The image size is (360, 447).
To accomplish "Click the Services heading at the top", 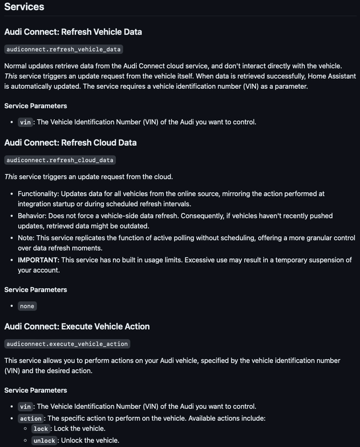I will tap(24, 7).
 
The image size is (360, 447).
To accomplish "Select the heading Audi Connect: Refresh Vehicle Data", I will tap(73, 32).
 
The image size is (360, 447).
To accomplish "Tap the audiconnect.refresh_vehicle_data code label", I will tap(63, 49).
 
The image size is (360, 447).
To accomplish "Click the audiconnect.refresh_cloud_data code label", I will tap(60, 160).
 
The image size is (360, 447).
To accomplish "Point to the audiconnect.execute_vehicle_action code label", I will tap(67, 344).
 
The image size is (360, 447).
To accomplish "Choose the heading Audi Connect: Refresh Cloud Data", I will tap(70, 142).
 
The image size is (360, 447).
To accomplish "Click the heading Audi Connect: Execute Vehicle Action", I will tap(77, 326).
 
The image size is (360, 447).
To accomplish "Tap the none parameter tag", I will tap(27, 306).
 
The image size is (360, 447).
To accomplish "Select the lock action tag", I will tap(41, 429).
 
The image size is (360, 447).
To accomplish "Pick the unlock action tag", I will tap(44, 441).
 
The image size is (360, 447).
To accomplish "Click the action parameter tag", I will tap(31, 419).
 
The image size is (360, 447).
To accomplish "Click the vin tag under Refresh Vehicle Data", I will tap(25, 122).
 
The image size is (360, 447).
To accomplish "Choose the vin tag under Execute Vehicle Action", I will tap(25, 406).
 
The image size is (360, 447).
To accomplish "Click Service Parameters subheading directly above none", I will tap(36, 289).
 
